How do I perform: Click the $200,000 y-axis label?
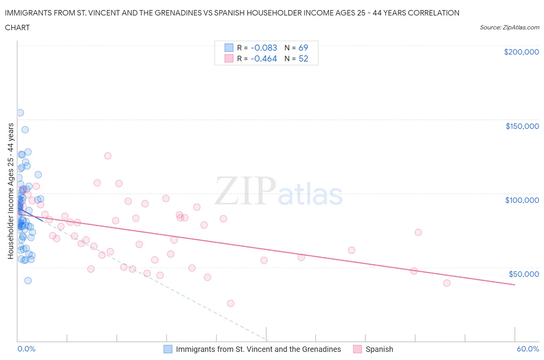point(521,52)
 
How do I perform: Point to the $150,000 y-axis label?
point(522,126)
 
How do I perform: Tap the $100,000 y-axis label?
point(522,200)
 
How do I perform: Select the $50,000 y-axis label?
point(523,274)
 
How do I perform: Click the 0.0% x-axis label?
point(26,349)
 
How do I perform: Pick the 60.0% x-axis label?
point(528,349)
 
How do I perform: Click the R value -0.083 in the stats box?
point(264,48)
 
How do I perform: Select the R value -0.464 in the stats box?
point(264,58)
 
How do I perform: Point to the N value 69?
point(303,48)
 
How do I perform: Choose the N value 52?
point(303,58)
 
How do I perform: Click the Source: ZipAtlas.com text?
point(509,27)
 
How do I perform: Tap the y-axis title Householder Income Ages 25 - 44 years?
point(10,191)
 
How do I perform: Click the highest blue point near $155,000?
point(20,113)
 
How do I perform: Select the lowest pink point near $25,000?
point(231,303)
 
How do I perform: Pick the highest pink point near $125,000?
point(108,156)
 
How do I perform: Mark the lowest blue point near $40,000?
point(28,281)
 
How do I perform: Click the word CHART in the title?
point(17,27)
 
